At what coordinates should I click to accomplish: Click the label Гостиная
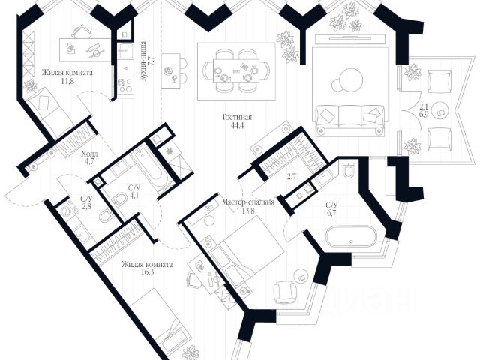pos(236,118)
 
